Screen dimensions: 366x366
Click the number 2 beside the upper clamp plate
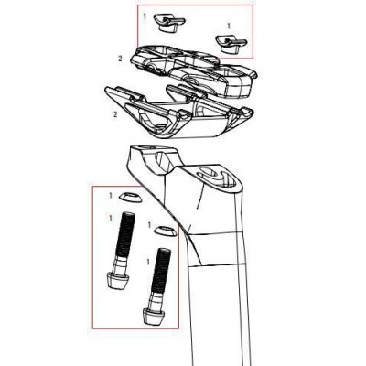click(120, 58)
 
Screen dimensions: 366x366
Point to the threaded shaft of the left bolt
click(124, 238)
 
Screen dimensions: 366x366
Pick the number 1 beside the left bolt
click(112, 216)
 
